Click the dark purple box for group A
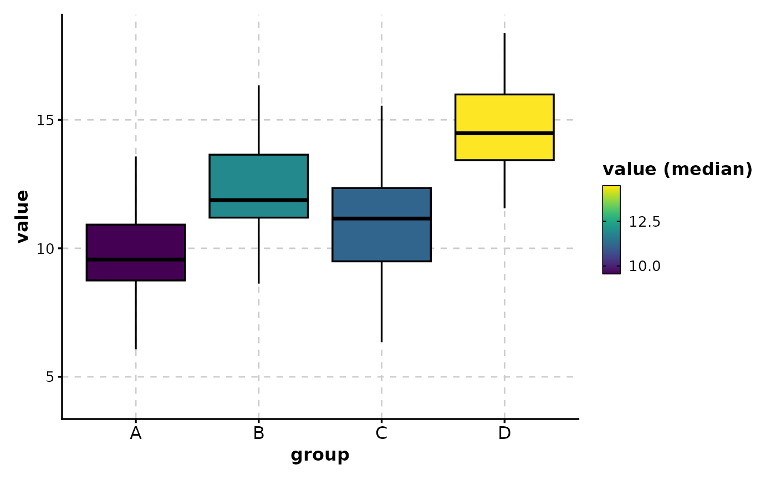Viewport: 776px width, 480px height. (x=136, y=243)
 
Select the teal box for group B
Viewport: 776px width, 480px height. (x=258, y=177)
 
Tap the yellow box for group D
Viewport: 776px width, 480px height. (x=504, y=114)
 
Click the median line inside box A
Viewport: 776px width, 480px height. (x=136, y=259)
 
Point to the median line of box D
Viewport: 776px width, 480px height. (x=504, y=133)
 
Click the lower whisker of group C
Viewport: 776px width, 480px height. (x=381, y=302)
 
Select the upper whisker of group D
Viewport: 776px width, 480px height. (x=504, y=64)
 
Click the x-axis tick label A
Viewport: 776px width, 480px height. (x=136, y=433)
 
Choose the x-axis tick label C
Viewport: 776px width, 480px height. (x=381, y=433)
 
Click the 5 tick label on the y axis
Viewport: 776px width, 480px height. (x=49, y=377)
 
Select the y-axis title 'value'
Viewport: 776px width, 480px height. (x=22, y=216)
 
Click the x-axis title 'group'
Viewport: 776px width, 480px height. (x=320, y=456)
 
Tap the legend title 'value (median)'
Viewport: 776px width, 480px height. (x=677, y=170)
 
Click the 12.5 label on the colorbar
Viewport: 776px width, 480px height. (x=645, y=222)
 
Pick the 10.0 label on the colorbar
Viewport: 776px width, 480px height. (x=645, y=267)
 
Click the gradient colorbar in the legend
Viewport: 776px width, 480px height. (x=611, y=229)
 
